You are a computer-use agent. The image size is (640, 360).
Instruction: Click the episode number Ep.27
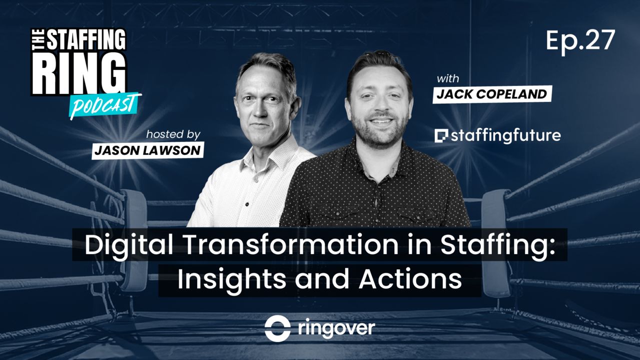pos(580,40)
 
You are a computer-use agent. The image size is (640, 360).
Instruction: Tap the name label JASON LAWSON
pos(148,150)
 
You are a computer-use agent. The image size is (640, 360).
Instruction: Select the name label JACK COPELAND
pos(492,94)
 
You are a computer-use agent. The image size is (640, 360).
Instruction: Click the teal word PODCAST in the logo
pos(105,104)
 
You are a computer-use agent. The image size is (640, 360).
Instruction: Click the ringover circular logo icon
pos(278,328)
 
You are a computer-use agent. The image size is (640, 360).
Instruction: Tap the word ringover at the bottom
pos(336,328)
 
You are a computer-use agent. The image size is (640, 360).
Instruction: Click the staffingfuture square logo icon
pos(441,135)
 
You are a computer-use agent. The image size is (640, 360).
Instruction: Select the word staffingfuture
pos(505,135)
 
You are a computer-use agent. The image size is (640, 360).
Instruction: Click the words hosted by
pos(173,134)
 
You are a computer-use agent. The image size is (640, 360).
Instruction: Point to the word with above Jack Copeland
pos(448,79)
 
